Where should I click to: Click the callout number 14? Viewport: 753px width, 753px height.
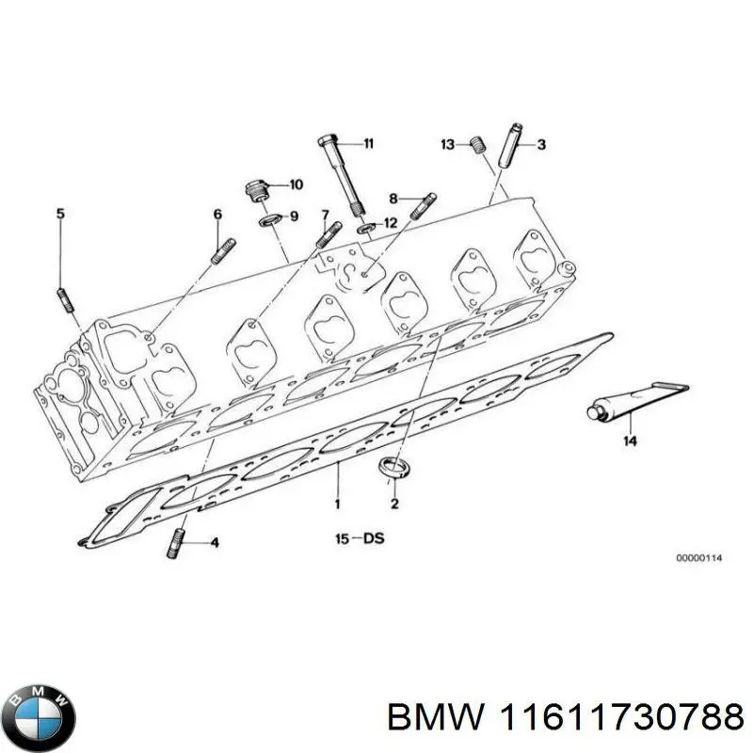(630, 440)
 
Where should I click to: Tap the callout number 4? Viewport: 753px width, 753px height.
(215, 542)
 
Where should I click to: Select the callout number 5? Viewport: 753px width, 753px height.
(60, 215)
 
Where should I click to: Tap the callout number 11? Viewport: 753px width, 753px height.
(368, 144)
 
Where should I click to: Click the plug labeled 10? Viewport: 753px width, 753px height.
(254, 191)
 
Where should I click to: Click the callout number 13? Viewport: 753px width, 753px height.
(448, 144)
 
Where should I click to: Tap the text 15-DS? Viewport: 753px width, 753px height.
(359, 539)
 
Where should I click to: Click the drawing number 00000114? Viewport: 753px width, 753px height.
(698, 558)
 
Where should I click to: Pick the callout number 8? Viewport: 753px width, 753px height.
(393, 198)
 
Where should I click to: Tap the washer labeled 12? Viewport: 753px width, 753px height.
(364, 228)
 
